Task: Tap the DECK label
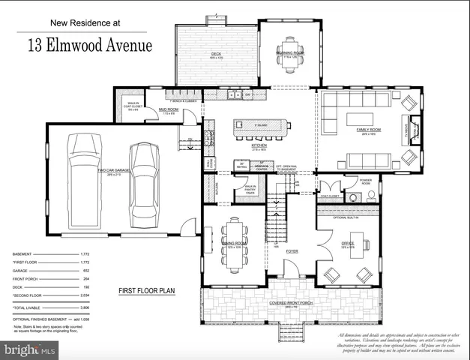click(217, 54)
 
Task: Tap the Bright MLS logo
click(30, 349)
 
